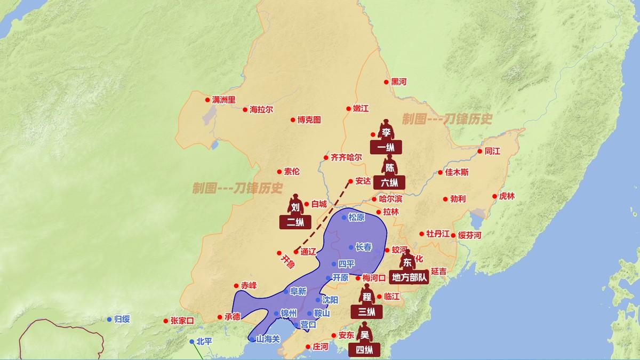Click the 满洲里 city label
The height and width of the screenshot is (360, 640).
[223, 100]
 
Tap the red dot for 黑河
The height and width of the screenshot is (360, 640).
[387, 82]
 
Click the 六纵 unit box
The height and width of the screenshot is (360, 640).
[389, 182]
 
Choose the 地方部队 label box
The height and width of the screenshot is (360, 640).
[410, 277]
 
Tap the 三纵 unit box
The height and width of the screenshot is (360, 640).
[366, 311]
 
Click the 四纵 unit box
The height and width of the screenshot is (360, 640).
[365, 350]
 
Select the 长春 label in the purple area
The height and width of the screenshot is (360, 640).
[364, 247]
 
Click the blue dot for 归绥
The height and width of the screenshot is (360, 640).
[110, 319]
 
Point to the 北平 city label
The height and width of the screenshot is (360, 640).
[204, 341]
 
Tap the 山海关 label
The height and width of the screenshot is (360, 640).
[268, 339]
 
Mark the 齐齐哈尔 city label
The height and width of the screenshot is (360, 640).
[347, 157]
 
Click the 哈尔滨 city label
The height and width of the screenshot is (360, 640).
[391, 198]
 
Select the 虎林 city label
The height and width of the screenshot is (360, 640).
[507, 196]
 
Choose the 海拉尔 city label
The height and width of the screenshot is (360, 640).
[261, 109]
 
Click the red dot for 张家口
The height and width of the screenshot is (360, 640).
[165, 321]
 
